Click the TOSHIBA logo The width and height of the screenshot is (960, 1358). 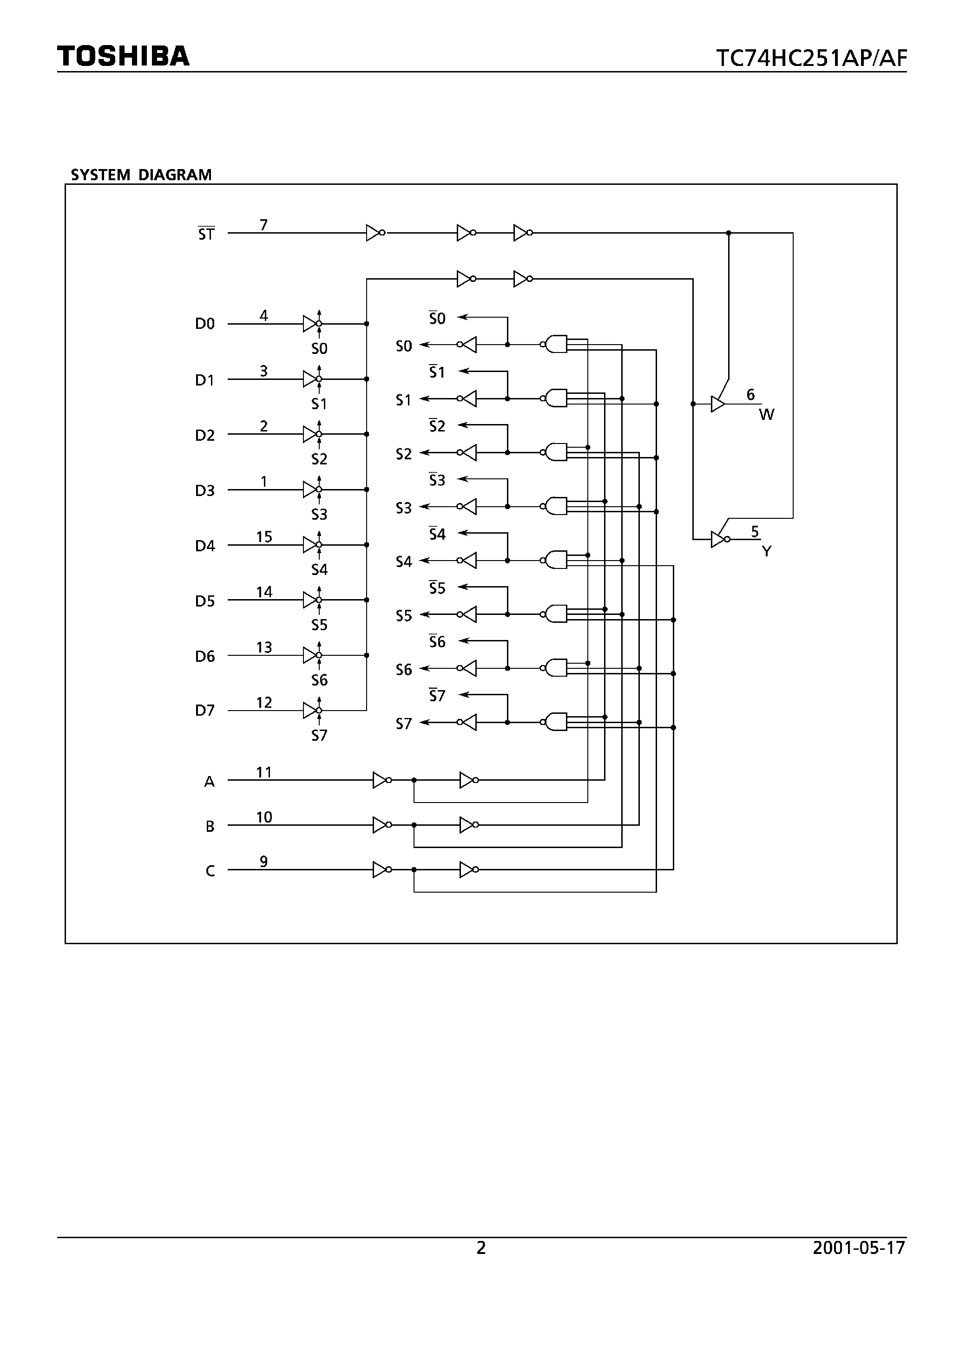click(x=123, y=56)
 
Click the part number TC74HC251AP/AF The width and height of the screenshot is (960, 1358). click(x=811, y=59)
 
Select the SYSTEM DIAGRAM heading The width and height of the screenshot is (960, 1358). click(x=141, y=175)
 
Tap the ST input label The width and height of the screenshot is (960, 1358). click(x=206, y=234)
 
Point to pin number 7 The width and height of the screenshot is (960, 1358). click(x=263, y=225)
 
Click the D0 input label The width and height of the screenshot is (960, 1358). click(x=205, y=324)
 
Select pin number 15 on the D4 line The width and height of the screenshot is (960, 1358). click(x=264, y=536)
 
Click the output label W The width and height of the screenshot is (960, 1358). click(x=766, y=415)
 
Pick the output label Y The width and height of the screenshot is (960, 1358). click(x=766, y=551)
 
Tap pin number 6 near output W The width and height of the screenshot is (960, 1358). click(x=750, y=394)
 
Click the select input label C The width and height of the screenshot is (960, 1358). click(x=210, y=871)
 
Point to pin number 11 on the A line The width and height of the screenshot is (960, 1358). click(x=264, y=772)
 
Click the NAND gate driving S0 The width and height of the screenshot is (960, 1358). click(x=555, y=344)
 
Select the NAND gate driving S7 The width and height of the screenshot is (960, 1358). click(x=555, y=722)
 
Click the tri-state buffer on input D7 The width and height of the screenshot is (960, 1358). click(x=311, y=710)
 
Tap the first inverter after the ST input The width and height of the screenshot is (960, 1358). click(x=374, y=233)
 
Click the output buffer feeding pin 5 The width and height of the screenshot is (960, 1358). click(x=718, y=539)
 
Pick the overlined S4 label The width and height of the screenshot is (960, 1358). click(x=437, y=534)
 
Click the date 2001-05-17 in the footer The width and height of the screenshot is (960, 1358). click(x=859, y=1247)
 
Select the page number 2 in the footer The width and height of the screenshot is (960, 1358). click(x=480, y=1247)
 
